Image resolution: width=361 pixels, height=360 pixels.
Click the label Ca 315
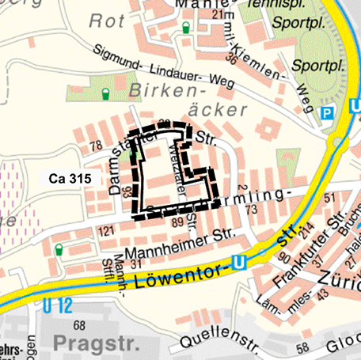click(71, 179)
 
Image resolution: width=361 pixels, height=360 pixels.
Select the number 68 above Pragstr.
click(78, 325)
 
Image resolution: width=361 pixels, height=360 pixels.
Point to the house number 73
click(252, 210)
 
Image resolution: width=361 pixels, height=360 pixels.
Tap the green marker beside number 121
click(59, 251)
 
